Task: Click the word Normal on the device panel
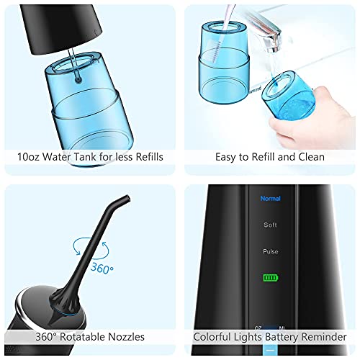270,198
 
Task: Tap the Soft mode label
270,225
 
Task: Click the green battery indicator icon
270,277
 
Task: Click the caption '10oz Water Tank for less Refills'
90,156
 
